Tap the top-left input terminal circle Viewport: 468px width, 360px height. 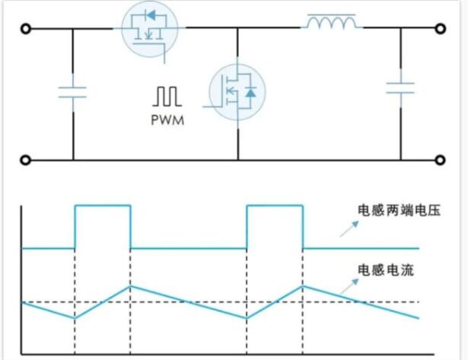[25, 30]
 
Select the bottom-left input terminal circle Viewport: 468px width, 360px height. [25, 161]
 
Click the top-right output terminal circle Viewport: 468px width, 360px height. [440, 30]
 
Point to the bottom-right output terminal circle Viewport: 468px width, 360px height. [440, 161]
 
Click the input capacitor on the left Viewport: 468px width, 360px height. [73, 92]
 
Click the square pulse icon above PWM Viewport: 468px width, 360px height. [167, 97]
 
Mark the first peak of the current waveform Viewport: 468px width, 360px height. [131, 286]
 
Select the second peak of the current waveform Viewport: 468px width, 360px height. [303, 286]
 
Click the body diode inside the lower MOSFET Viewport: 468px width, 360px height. [250, 93]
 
